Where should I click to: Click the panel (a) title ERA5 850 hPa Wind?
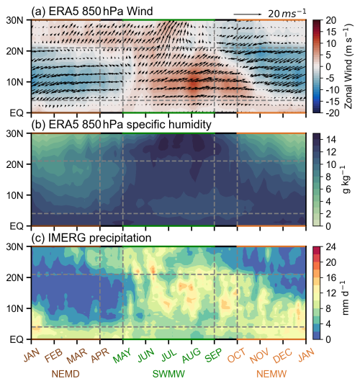tap(92, 11)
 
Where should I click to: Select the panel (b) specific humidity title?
tap(122, 125)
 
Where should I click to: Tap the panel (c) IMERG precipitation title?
tap(91, 238)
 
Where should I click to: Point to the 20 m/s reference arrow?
tap(248, 14)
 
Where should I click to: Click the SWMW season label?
tap(168, 374)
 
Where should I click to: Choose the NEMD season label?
tap(66, 374)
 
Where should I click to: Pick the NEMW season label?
tap(271, 374)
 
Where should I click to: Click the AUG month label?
tap(191, 355)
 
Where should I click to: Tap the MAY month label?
tap(122, 355)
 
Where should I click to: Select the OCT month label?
tap(236, 355)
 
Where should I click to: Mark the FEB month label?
tap(53, 356)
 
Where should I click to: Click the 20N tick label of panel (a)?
tap(14, 51)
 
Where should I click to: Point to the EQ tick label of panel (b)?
tap(17, 226)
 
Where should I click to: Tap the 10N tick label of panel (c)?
tap(14, 308)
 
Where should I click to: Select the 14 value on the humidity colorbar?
tap(330, 140)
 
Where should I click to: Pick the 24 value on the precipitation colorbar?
tap(330, 247)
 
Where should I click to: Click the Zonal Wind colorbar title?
tap(348, 66)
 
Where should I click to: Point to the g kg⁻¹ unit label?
tap(345, 179)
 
